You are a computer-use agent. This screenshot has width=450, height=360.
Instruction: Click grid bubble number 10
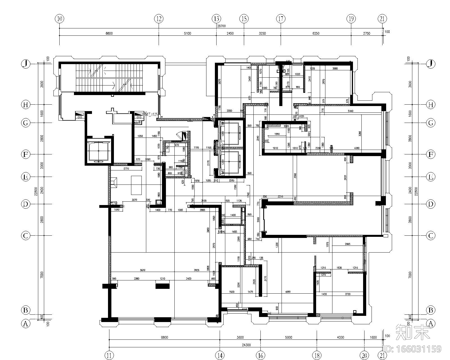(x=59, y=19)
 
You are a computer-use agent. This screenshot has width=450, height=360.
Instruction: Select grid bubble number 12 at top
(x=159, y=19)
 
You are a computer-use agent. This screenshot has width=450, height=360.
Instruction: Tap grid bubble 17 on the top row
(x=280, y=19)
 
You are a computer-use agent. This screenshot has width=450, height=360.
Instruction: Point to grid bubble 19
(x=351, y=19)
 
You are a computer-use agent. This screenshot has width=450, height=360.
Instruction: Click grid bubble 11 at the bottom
(x=109, y=355)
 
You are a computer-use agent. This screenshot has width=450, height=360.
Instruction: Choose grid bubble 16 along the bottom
(x=260, y=355)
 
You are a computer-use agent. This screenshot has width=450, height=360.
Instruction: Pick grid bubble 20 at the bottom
(x=364, y=355)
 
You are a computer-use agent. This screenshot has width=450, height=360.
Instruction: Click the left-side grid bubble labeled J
(x=26, y=64)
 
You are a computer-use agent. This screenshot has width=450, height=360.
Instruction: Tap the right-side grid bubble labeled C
(x=430, y=235)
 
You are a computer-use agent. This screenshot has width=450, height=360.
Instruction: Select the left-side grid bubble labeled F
(x=26, y=154)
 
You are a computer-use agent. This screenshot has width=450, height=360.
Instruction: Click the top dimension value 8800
(x=109, y=33)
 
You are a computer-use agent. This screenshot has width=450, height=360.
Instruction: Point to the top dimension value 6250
(x=316, y=33)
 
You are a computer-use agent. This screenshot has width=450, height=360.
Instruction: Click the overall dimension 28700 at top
(x=221, y=26)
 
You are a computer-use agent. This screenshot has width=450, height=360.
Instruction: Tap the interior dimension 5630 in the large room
(x=143, y=270)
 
